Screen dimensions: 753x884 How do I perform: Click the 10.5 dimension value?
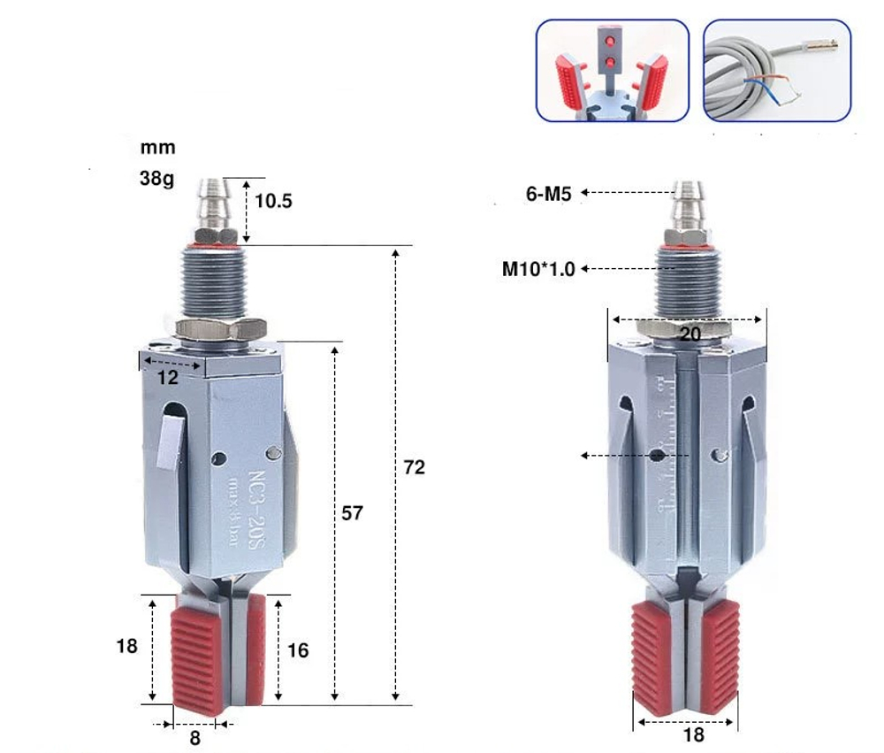click(272, 201)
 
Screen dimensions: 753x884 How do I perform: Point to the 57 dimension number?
click(352, 513)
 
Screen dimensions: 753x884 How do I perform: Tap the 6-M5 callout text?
click(550, 193)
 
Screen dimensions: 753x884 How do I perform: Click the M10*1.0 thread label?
click(538, 269)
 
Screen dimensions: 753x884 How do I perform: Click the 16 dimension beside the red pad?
click(298, 650)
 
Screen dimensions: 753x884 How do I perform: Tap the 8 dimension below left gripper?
click(195, 737)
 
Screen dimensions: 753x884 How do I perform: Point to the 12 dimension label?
click(168, 378)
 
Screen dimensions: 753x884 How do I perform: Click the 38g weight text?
click(157, 178)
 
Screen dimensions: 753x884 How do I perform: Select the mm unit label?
click(158, 148)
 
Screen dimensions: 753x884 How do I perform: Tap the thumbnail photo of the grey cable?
click(776, 71)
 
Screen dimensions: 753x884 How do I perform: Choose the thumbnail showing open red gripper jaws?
click(612, 71)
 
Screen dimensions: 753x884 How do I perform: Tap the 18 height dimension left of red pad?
click(127, 646)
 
